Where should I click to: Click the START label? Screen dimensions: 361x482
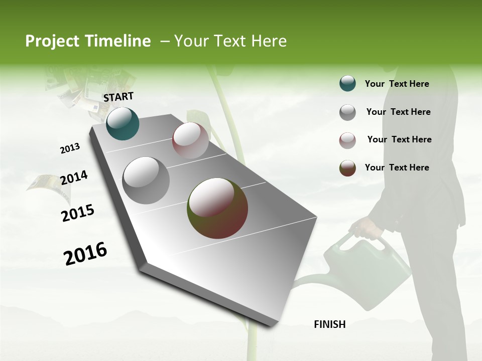pos(118,97)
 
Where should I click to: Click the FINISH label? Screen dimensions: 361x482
pos(330,324)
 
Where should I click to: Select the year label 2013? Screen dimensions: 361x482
pos(70,148)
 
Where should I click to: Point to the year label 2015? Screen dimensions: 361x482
pos(78,213)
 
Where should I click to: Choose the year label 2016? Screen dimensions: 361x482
pos(85,253)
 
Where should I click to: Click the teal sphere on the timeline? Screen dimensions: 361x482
pos(123,123)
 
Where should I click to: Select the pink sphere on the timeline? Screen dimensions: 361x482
pos(190,140)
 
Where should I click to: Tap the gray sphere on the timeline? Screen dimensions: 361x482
pos(146,180)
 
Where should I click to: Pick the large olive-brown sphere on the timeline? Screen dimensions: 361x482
pos(217,208)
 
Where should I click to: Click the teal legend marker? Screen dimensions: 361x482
pos(347,84)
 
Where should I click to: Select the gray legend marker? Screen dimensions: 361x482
pos(347,112)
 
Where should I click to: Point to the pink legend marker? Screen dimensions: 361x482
pos(347,140)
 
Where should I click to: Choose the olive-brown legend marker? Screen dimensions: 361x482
pos(347,168)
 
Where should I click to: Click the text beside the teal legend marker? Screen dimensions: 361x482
pos(397,84)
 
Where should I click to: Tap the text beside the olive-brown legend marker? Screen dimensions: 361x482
pos(397,167)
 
